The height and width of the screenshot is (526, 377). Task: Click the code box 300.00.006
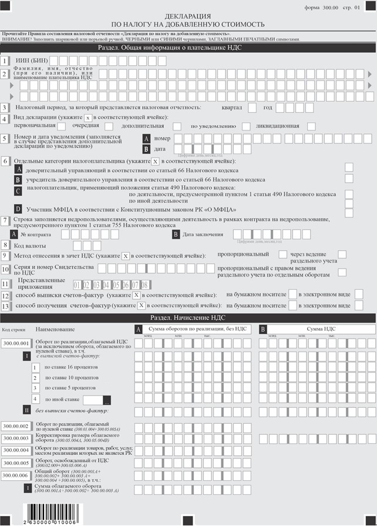pyautogui.click(x=16, y=475)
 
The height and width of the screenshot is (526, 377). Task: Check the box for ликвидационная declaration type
pyautogui.click(x=311, y=126)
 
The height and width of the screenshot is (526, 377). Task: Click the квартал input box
pyautogui.click(x=252, y=108)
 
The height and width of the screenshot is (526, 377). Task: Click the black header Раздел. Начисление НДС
pyautogui.click(x=188, y=317)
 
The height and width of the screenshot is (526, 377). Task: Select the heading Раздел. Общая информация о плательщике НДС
pyautogui.click(x=188, y=48)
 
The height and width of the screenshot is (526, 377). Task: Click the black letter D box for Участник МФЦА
pyautogui.click(x=18, y=209)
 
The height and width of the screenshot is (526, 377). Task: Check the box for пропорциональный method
pyautogui.click(x=281, y=254)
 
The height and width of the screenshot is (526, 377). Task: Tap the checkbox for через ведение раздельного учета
pyautogui.click(x=342, y=254)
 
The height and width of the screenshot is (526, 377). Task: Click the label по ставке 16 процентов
pyautogui.click(x=67, y=367)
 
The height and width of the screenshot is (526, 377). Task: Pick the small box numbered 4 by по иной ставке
pyautogui.click(x=35, y=399)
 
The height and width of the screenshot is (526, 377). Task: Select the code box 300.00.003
pyautogui.click(x=16, y=438)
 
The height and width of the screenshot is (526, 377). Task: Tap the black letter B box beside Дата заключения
pyautogui.click(x=176, y=234)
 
